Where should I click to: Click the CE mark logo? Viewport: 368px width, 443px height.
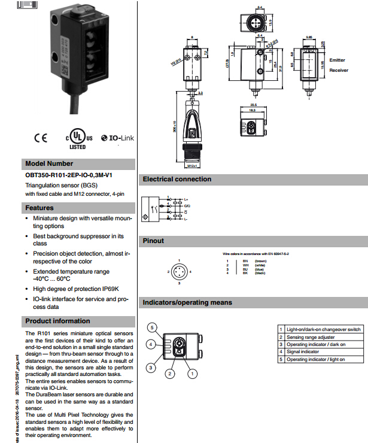pyautogui.click(x=40, y=138)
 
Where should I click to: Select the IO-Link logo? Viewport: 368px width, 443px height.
pyautogui.click(x=118, y=138)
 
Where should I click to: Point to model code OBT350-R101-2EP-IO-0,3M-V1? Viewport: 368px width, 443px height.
pyautogui.click(x=69, y=175)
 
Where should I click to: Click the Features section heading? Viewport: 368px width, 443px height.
pyautogui.click(x=39, y=208)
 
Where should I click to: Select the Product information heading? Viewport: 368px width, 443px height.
pyautogui.click(x=57, y=321)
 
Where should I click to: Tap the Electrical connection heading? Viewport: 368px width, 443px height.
pyautogui.click(x=177, y=179)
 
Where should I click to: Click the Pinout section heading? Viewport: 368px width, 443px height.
pyautogui.click(x=153, y=241)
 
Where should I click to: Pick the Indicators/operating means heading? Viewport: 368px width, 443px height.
pyautogui.click(x=187, y=302)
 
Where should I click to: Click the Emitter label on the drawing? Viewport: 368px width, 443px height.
pyautogui.click(x=337, y=60)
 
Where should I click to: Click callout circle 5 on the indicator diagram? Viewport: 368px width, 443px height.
pyautogui.click(x=153, y=328)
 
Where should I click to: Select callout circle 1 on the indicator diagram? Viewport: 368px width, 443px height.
pyautogui.click(x=192, y=374)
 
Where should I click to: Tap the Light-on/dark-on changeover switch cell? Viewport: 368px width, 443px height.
pyautogui.click(x=323, y=329)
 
